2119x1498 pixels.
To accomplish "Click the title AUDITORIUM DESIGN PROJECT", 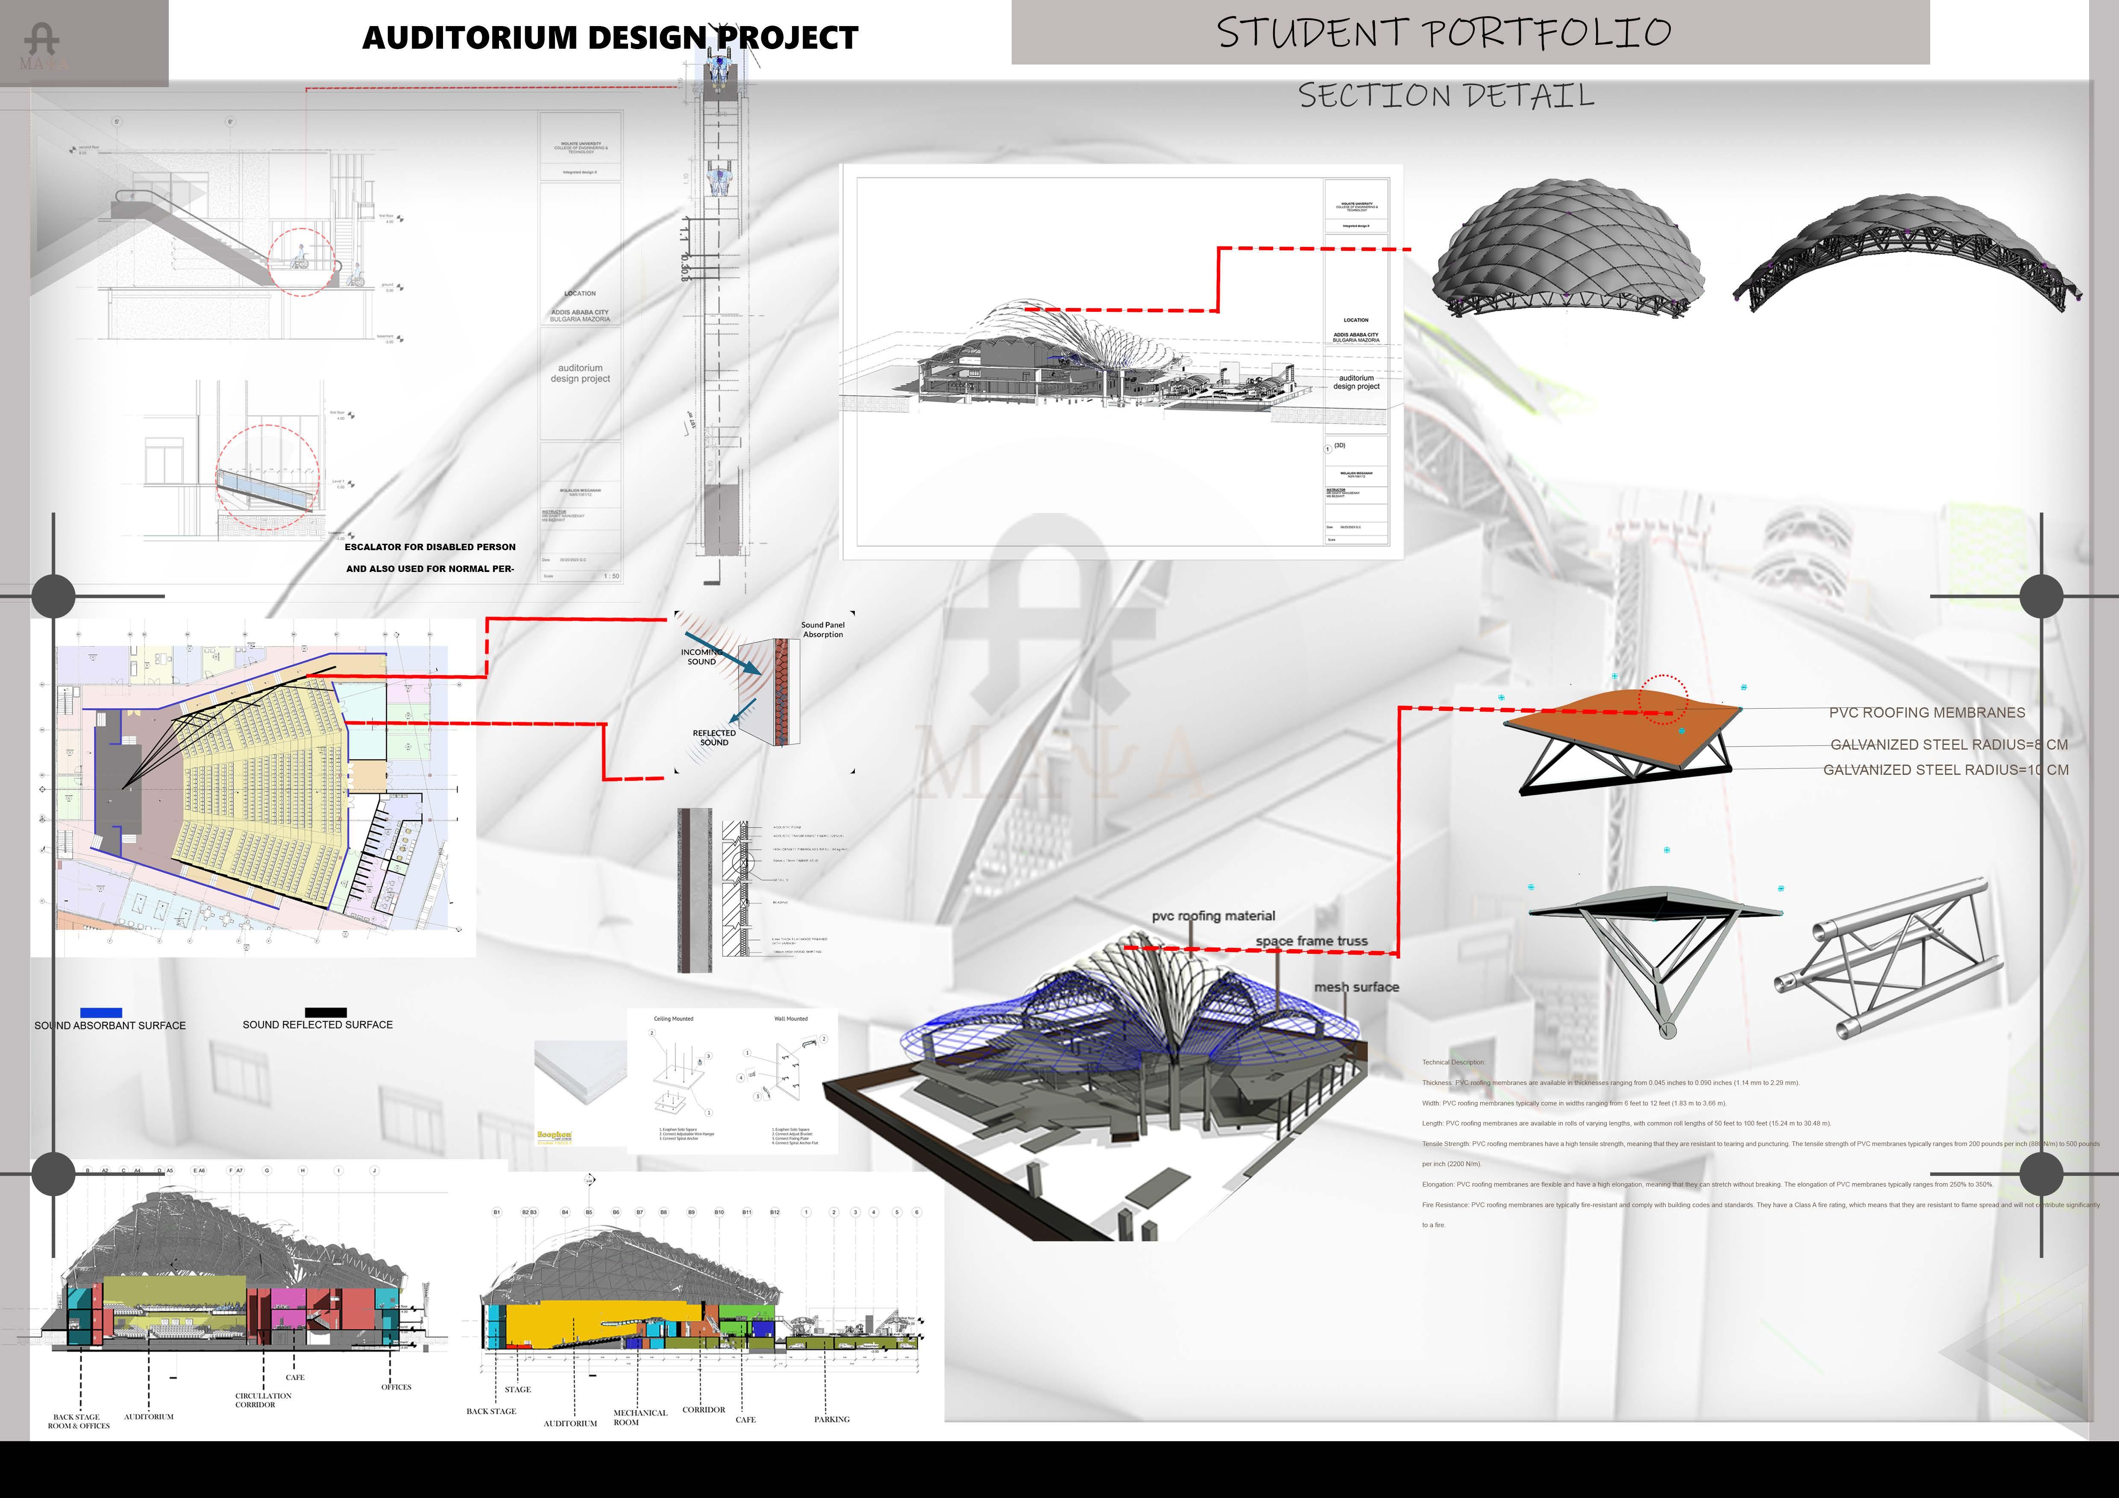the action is coord(610,38).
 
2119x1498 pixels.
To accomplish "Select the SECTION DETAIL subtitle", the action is coord(1446,95).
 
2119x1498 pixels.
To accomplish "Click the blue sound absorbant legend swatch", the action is coord(102,1012).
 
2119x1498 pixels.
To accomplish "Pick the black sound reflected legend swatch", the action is coord(326,1012).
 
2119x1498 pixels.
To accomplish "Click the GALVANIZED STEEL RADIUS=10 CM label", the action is coord(1946,770).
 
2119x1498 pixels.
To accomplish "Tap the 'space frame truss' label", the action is coord(1312,941).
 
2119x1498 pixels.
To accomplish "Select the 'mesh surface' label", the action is coord(1356,988).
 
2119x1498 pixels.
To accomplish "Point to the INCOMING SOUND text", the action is coord(701,656).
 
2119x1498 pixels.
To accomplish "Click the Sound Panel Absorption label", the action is coord(822,630).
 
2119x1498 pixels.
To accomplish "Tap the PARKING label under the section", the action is coord(831,1419).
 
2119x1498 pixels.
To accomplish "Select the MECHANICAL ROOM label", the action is coord(640,1417).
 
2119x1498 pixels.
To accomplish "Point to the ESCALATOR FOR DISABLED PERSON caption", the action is coord(430,547).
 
